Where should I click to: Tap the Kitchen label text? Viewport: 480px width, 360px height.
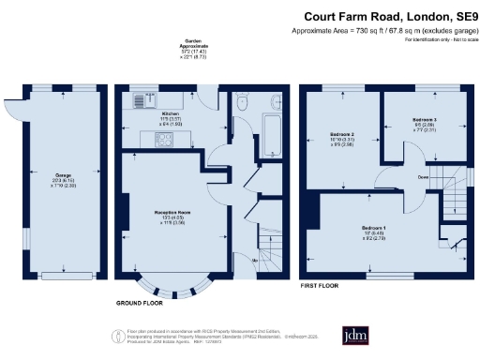(x=143, y=113)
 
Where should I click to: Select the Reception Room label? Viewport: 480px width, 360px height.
(x=173, y=212)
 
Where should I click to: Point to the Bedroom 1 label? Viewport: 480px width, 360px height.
(x=373, y=228)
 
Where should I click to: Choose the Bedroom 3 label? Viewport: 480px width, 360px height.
(x=423, y=120)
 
